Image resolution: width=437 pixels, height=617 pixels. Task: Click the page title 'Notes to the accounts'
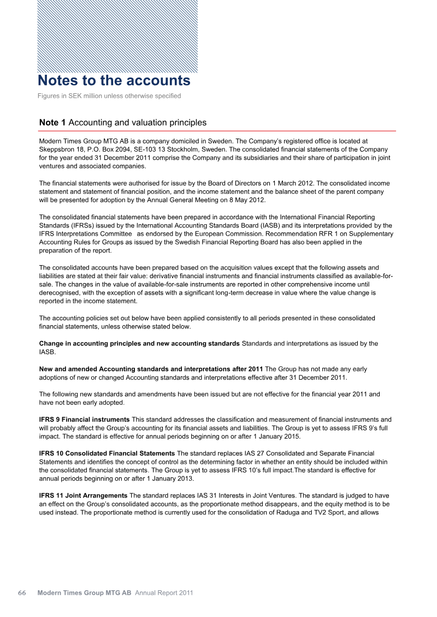pyautogui.click(x=114, y=81)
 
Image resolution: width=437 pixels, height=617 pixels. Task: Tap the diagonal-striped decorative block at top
pyautogui.click(x=117, y=36)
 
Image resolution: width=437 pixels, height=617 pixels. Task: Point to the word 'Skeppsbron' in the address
pyautogui.click(x=57, y=149)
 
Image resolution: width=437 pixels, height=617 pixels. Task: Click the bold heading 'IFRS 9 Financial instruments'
pyautogui.click(x=84, y=420)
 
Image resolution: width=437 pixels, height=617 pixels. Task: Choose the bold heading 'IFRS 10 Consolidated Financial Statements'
pyautogui.click(x=107, y=454)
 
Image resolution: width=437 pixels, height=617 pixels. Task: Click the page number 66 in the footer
pyautogui.click(x=22, y=592)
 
